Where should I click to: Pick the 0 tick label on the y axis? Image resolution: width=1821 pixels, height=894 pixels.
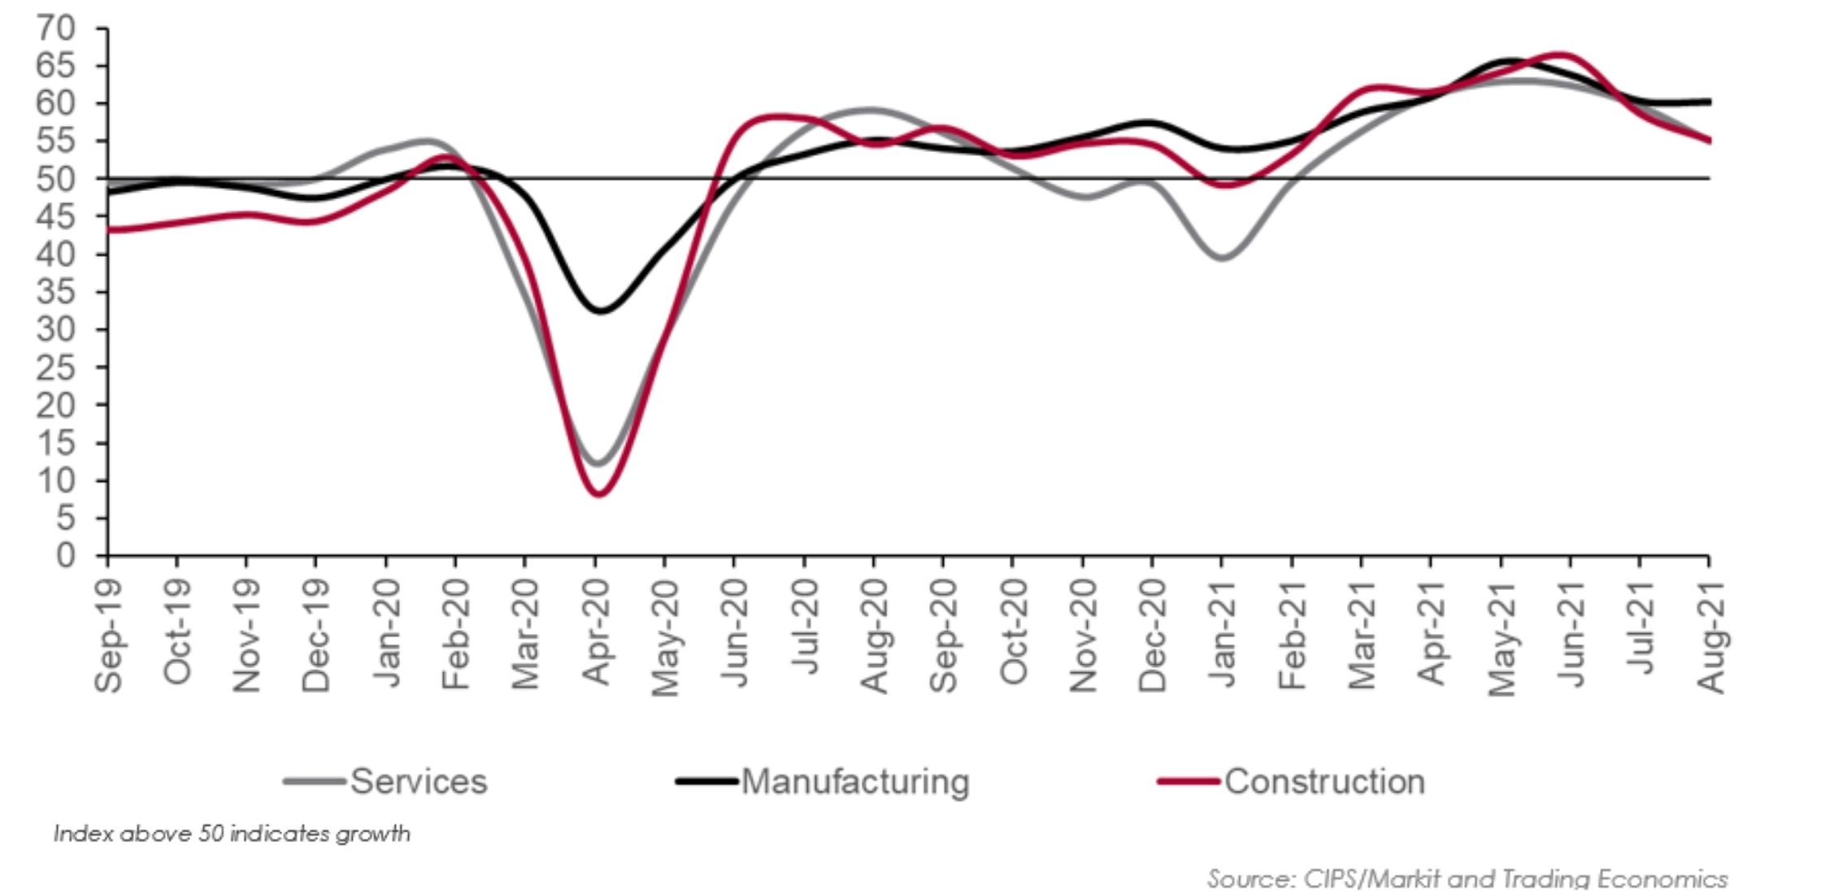click(65, 556)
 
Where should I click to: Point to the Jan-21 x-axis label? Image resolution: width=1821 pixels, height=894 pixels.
click(1221, 634)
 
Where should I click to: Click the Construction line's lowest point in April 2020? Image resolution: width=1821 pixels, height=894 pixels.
click(600, 493)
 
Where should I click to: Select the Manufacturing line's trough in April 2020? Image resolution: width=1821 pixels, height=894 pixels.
click(602, 310)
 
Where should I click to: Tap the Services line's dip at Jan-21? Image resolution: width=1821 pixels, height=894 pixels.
click(1223, 258)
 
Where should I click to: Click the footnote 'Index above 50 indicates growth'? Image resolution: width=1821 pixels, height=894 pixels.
click(232, 834)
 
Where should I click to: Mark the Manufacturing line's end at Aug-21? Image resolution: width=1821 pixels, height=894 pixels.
click(1709, 102)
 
